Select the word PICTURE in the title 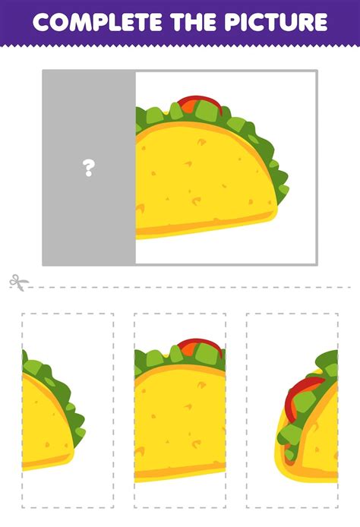point(276,22)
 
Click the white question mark point(89,168)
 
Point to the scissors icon point(18,282)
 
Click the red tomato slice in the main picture point(201,102)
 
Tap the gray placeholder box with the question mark point(89,167)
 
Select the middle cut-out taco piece point(180,410)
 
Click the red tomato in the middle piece point(201,345)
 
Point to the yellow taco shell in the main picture point(202,181)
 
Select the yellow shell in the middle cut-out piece point(180,424)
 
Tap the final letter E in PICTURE point(320,22)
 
